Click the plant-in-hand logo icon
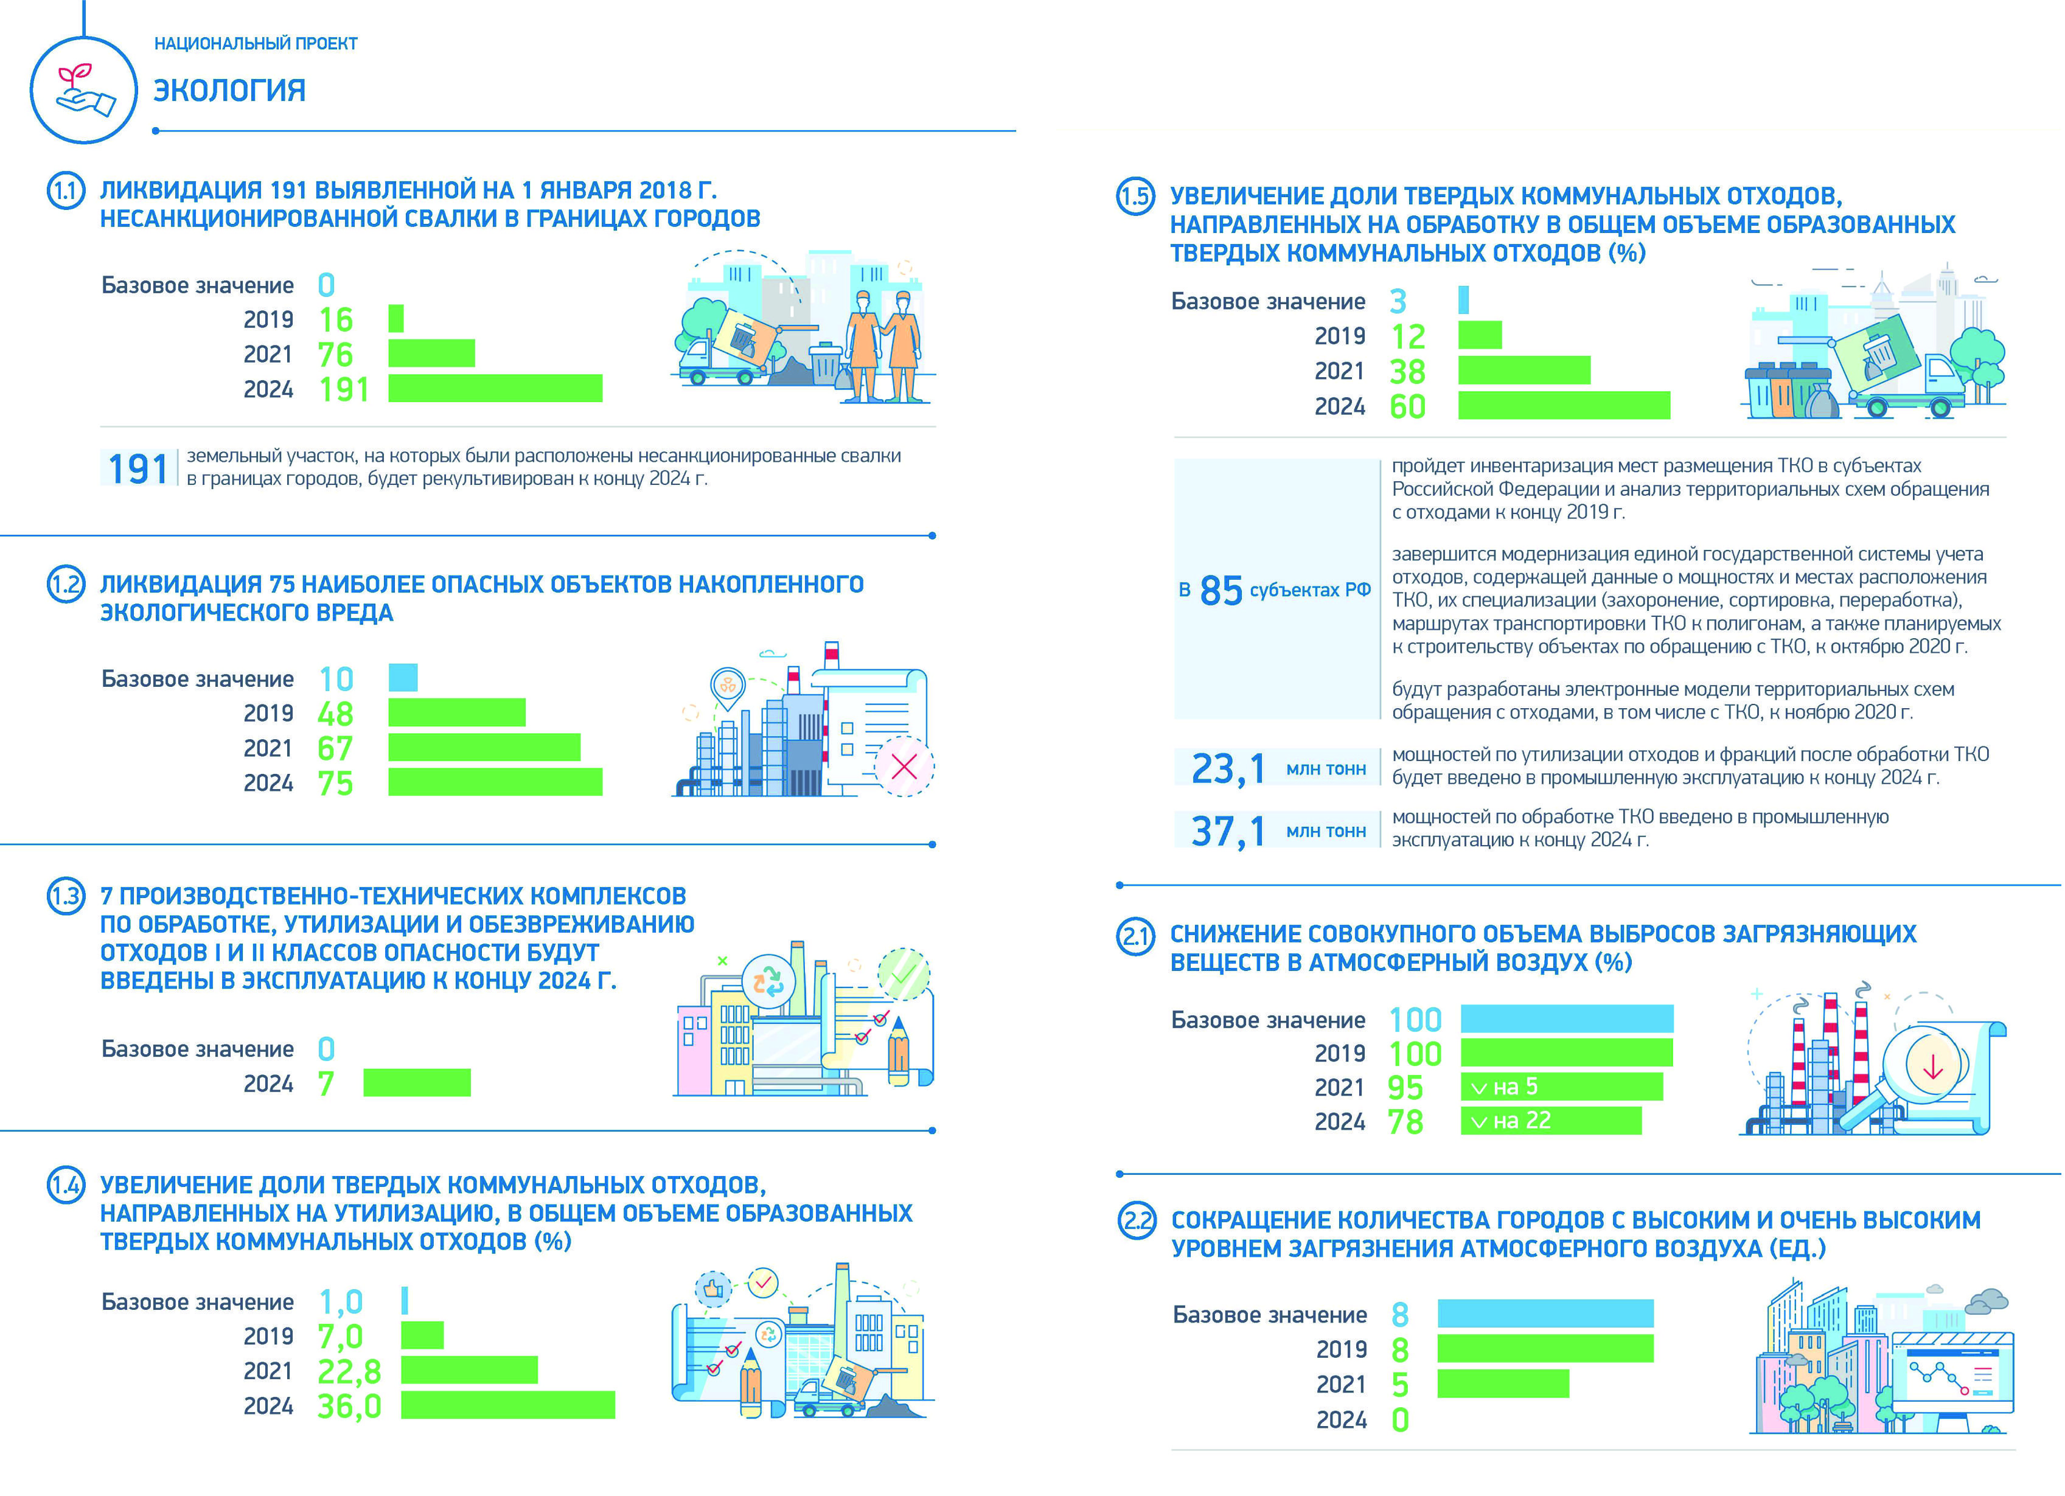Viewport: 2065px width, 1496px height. click(84, 89)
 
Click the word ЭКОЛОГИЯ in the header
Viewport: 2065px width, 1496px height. click(229, 90)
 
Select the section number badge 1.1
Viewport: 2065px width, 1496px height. click(66, 191)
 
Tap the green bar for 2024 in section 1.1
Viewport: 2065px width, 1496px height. click(495, 388)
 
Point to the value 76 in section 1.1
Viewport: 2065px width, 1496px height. click(335, 354)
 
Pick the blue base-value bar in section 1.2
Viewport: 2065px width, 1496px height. click(403, 678)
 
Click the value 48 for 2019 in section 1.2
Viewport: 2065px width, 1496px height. click(335, 713)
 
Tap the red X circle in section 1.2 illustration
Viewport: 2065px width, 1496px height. click(904, 766)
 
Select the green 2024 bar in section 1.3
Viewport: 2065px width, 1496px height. click(417, 1083)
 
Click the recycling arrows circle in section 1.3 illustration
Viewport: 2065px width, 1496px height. click(768, 981)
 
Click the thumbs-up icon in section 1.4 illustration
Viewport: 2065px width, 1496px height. click(713, 1289)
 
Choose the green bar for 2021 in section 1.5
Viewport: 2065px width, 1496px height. click(1524, 371)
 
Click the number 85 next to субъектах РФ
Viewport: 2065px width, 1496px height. click(1221, 591)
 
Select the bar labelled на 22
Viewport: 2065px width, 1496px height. click(1551, 1121)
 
